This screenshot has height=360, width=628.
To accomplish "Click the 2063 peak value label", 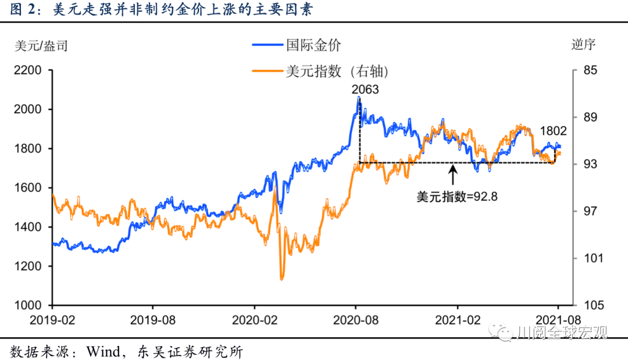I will [365, 90].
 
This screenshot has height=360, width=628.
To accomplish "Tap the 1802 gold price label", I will [552, 131].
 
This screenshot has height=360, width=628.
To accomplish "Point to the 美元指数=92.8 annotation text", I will [457, 197].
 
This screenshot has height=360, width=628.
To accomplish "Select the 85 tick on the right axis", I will [590, 70].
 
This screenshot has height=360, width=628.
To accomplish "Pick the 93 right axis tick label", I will [590, 165].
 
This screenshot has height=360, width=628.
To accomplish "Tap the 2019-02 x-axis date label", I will [52, 319].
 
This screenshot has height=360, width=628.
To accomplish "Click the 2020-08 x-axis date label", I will [356, 319].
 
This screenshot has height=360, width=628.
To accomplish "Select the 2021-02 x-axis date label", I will [458, 319].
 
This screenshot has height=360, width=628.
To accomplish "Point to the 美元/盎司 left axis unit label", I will [41, 45].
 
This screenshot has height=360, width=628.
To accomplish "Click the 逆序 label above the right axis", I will [583, 45].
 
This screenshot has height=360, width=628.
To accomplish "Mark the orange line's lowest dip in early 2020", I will [282, 278].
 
